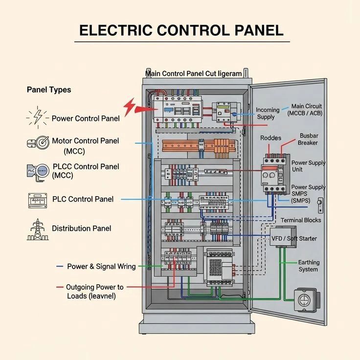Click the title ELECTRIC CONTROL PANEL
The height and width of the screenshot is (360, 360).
tap(181, 30)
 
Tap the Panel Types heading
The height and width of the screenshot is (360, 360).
tap(48, 90)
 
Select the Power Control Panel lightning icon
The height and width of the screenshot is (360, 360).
tap(37, 118)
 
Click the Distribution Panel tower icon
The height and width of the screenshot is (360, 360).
tap(37, 229)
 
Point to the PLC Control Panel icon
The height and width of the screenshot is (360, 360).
tap(37, 199)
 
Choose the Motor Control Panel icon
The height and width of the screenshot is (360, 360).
tap(38, 143)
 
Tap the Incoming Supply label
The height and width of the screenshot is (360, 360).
tap(269, 113)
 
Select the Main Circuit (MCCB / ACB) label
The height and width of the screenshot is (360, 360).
tap(306, 110)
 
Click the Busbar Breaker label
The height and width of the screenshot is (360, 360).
tap(308, 139)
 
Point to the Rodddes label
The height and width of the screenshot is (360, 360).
tap(270, 138)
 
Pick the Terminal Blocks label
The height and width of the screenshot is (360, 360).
tap(301, 220)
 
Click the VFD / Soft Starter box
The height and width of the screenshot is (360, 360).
tap(283, 238)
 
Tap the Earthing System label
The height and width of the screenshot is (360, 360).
tap(308, 266)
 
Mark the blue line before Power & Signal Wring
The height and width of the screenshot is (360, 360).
tap(60, 267)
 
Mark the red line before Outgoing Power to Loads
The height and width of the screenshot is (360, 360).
tap(60, 287)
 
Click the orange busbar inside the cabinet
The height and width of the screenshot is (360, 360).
tap(196, 145)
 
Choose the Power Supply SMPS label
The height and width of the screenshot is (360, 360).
tap(308, 194)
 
